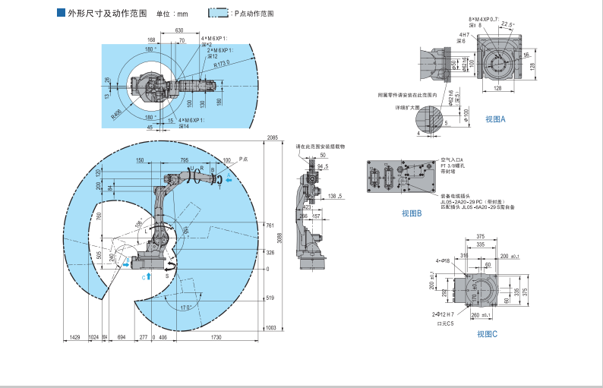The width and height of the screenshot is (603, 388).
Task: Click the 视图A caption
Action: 495,118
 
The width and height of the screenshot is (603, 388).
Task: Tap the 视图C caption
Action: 487,334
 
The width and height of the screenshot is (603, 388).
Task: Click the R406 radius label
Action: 115,114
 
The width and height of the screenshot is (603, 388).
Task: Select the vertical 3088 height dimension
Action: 279,236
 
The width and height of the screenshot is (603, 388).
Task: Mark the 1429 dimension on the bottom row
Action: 75,336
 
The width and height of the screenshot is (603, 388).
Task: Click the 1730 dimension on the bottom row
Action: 216,336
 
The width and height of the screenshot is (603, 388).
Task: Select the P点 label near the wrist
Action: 242,159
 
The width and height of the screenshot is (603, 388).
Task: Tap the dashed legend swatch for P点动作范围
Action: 218,14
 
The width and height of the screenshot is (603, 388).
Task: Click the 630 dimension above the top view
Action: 178,30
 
